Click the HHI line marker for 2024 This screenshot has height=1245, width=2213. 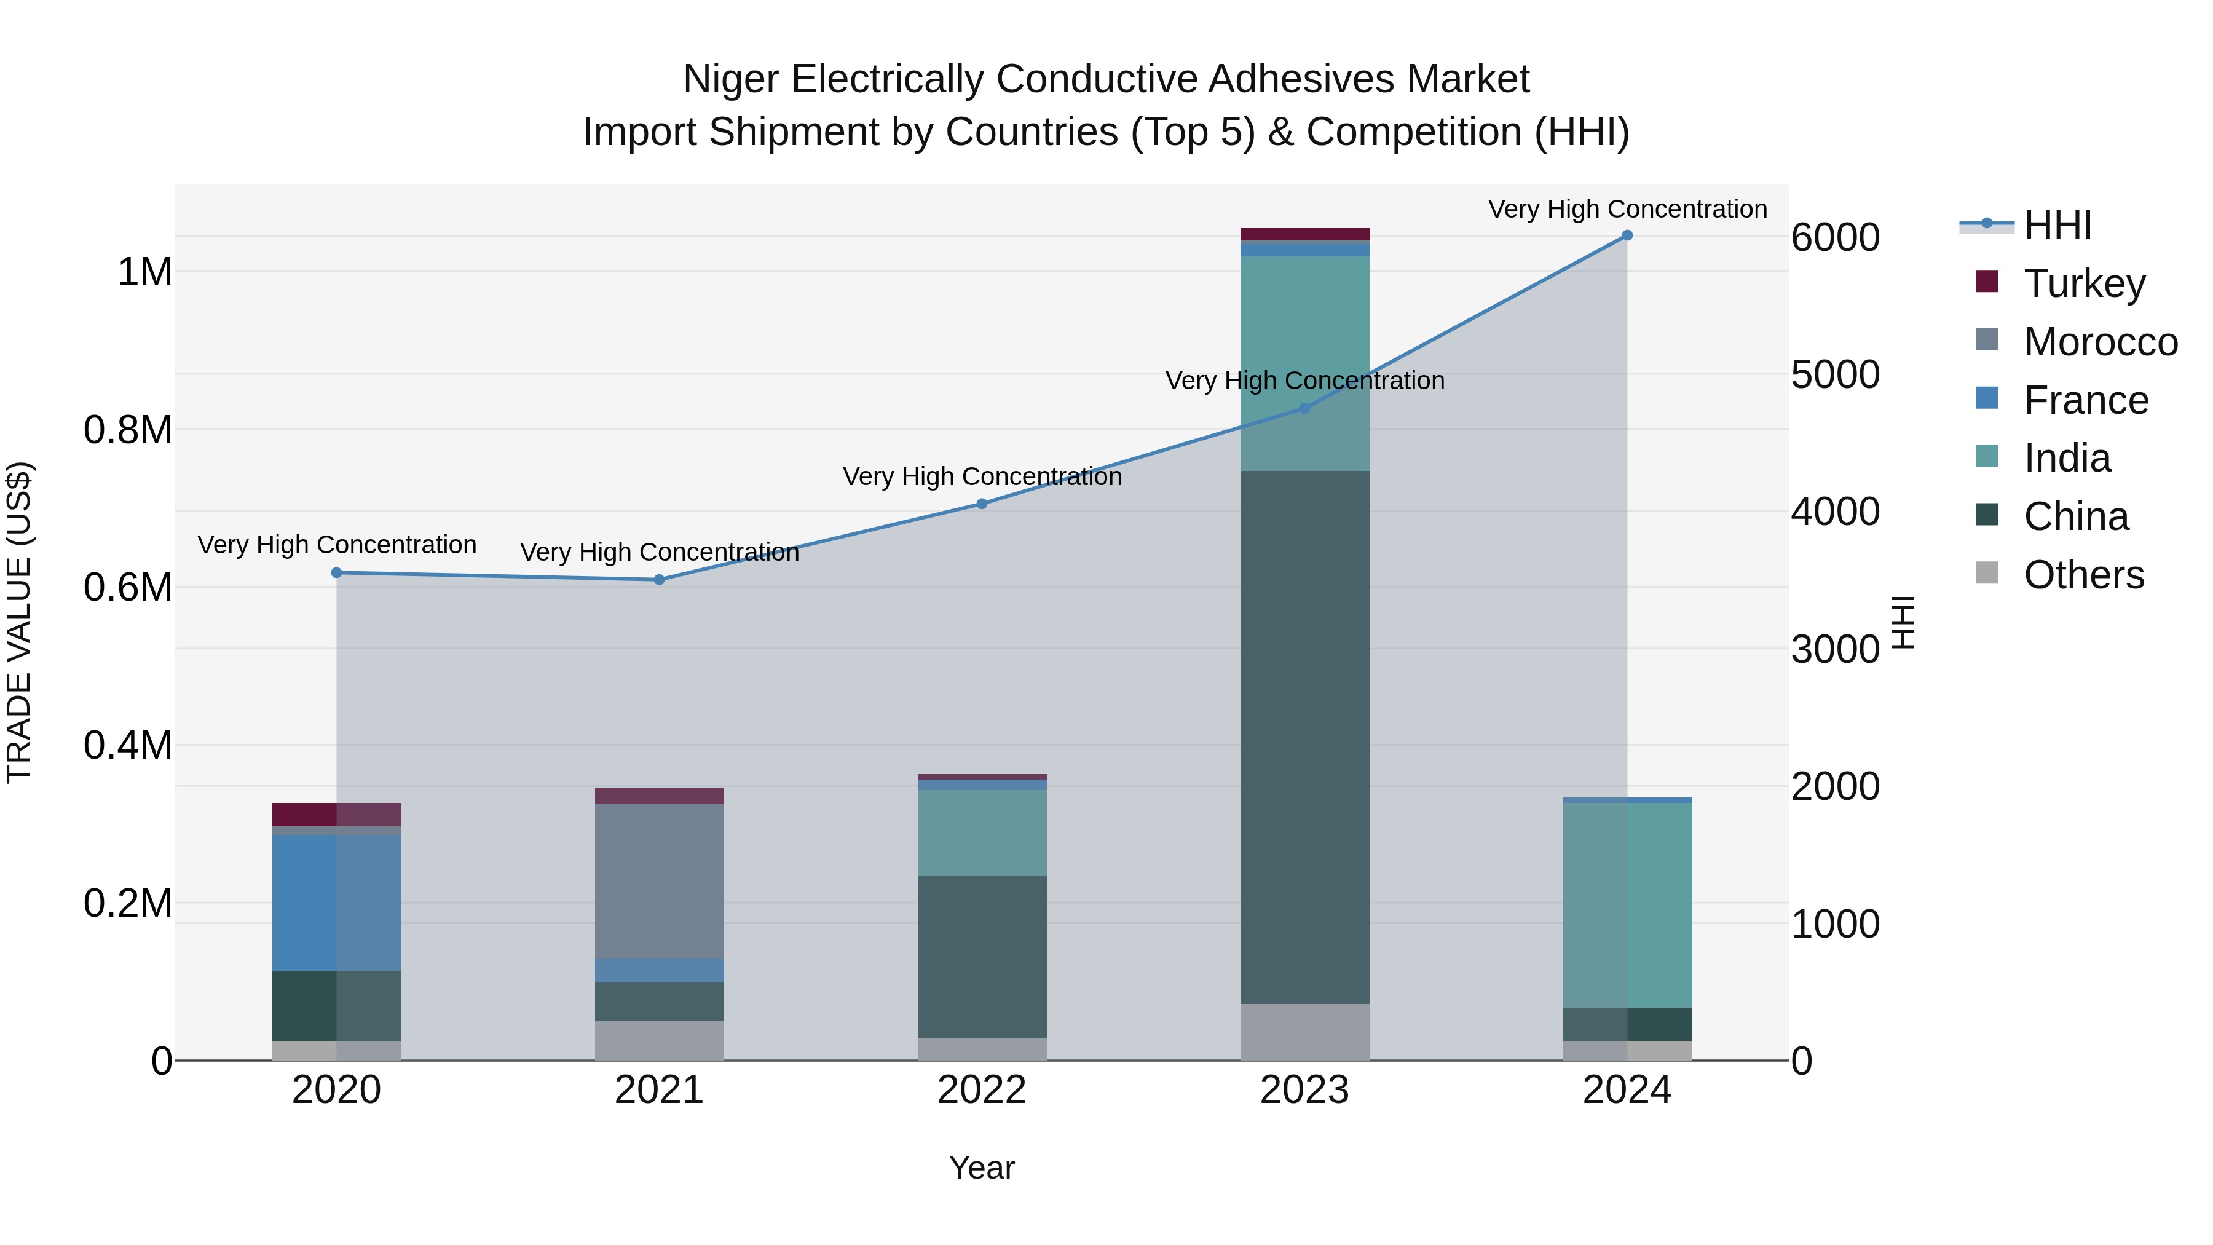point(1626,235)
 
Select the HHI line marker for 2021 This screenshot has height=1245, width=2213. point(659,580)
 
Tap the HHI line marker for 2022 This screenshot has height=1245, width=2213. point(982,504)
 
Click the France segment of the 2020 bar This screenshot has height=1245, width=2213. point(336,902)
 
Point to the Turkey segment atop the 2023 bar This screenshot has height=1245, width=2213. point(1304,234)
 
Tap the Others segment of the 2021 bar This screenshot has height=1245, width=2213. point(659,1040)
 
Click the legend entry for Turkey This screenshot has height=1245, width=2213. point(2083,283)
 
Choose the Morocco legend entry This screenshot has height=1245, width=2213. point(2100,342)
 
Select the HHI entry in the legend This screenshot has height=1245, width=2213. point(2057,225)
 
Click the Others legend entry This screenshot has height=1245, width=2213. point(2083,575)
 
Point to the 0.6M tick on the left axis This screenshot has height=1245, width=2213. point(127,588)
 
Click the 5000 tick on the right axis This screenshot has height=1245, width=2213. point(1835,374)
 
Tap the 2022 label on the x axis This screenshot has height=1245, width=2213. point(982,1090)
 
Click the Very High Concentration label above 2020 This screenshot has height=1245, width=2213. point(337,545)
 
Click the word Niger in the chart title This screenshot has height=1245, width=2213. point(730,79)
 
